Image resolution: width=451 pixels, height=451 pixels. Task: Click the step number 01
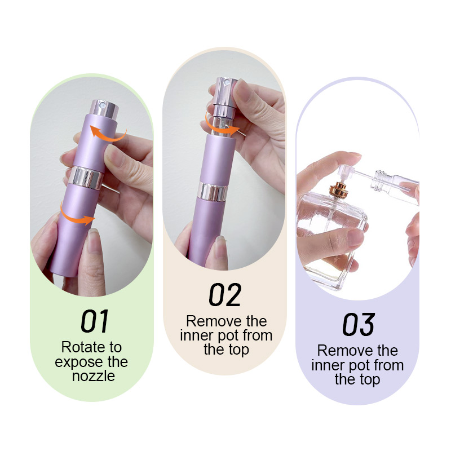(94, 321)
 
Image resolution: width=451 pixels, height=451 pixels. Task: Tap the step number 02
(225, 295)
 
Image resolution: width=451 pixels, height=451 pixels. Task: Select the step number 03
(358, 325)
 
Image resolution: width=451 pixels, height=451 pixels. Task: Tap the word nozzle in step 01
(91, 376)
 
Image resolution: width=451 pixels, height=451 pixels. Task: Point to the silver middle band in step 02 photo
(213, 193)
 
